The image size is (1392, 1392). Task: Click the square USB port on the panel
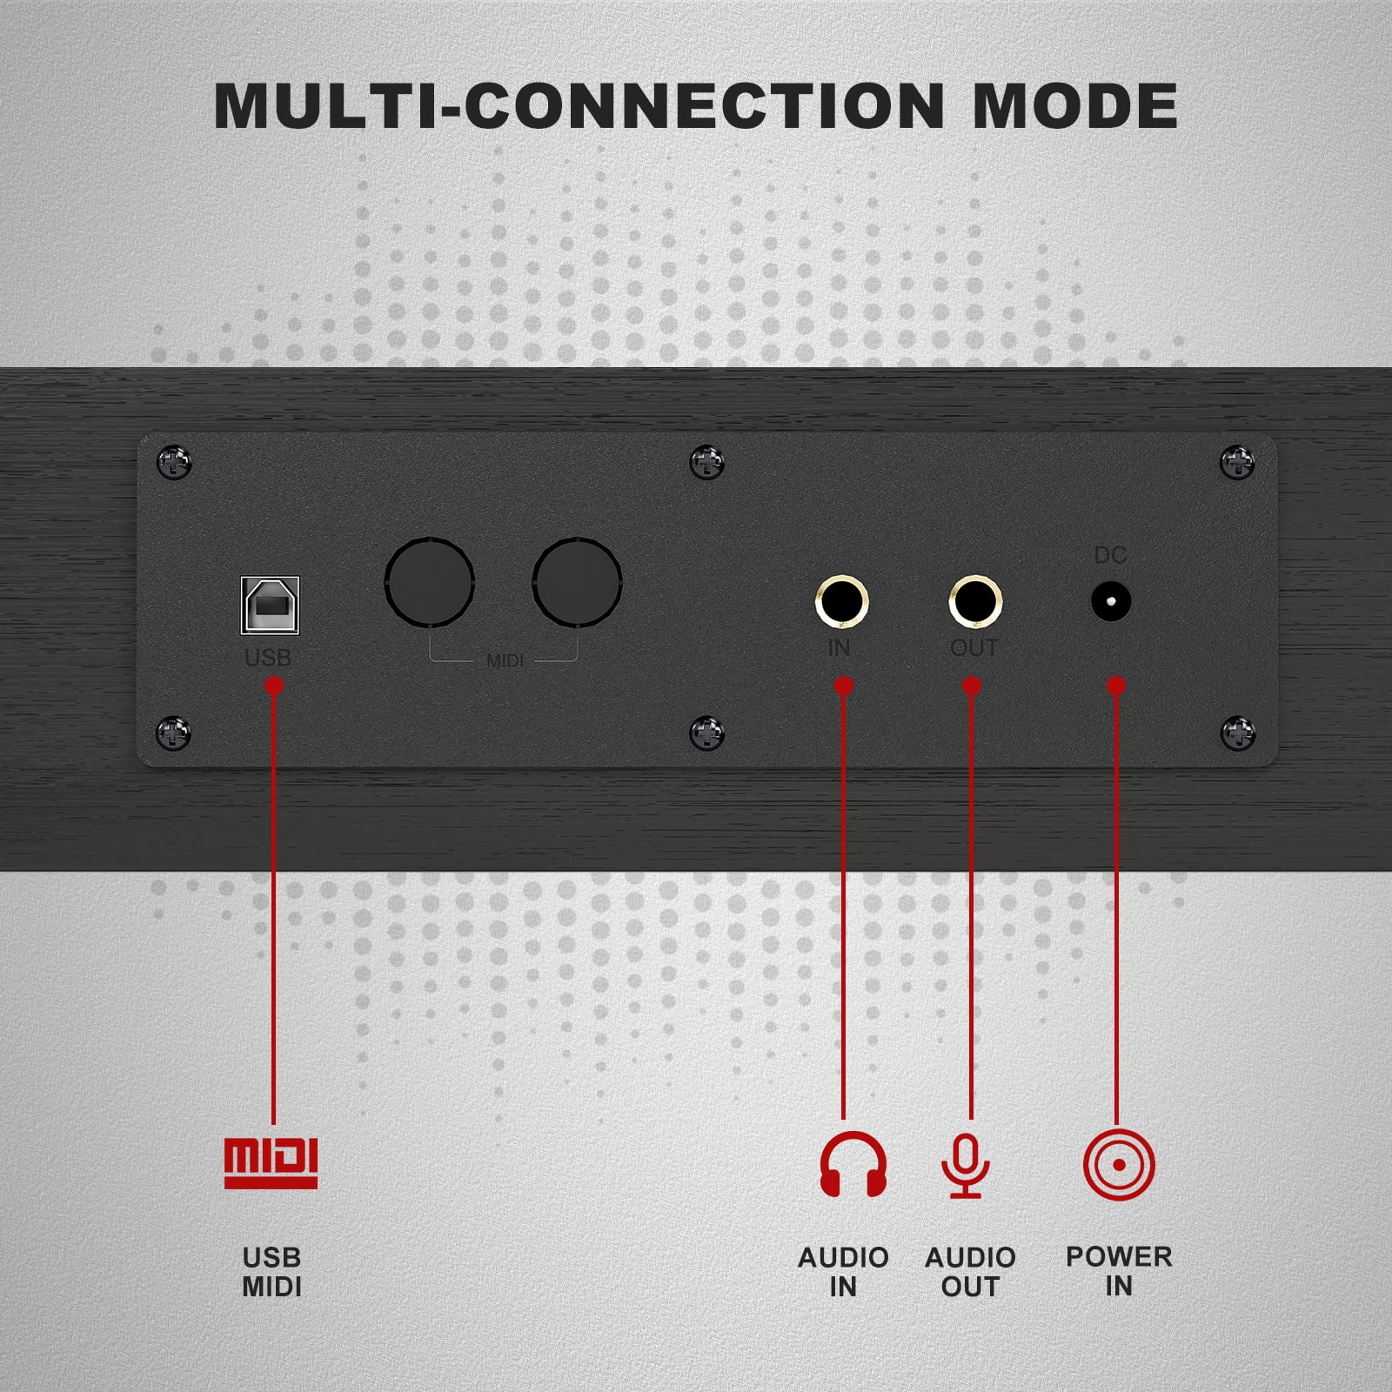point(270,605)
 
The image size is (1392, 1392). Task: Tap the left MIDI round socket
point(430,582)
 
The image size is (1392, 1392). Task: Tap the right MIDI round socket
point(577,582)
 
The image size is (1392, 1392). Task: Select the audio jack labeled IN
point(842,601)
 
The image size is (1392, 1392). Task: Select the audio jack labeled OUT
point(975,601)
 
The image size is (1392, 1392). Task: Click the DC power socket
point(1111,601)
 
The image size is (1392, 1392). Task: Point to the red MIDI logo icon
point(271,1163)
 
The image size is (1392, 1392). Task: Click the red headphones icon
point(853,1164)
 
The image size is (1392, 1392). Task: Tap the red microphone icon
point(966,1166)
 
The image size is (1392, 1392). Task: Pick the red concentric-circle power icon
point(1119,1165)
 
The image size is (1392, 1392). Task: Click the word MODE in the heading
point(1074,106)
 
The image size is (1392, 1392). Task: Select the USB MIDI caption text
point(271,1272)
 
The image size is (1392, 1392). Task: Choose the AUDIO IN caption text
point(843,1272)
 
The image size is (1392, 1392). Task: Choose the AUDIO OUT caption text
point(970,1272)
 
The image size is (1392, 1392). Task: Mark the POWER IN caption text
point(1119,1271)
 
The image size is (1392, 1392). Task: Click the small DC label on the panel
point(1110,554)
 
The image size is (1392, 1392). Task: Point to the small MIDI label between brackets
point(505,661)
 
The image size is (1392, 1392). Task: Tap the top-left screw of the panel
point(174,462)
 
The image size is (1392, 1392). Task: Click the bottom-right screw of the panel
point(1238,733)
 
